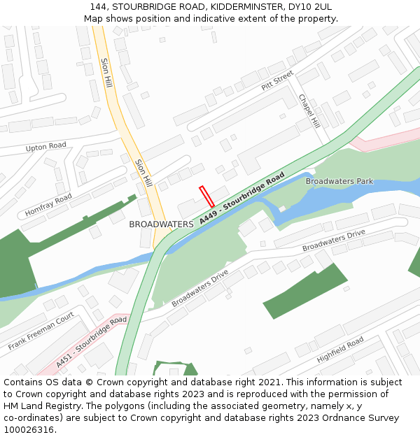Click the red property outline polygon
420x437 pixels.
pyautogui.click(x=206, y=196)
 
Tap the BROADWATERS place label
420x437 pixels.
pyautogui.click(x=161, y=224)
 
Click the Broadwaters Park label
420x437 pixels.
pyautogui.click(x=339, y=182)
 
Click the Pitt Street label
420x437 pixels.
pyautogui.click(x=277, y=80)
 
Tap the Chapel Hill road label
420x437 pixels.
pyautogui.click(x=309, y=111)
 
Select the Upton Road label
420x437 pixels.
pyautogui.click(x=46, y=147)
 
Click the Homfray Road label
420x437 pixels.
pyautogui.click(x=48, y=205)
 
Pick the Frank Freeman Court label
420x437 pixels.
pyautogui.click(x=41, y=331)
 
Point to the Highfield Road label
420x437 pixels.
pyautogui.click(x=340, y=349)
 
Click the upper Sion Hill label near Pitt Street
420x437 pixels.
pyautogui.click(x=106, y=72)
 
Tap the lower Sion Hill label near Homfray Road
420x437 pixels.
pyautogui.click(x=143, y=172)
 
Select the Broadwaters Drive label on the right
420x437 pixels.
pyautogui.click(x=334, y=241)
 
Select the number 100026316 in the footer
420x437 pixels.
pyautogui.click(x=29, y=429)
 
